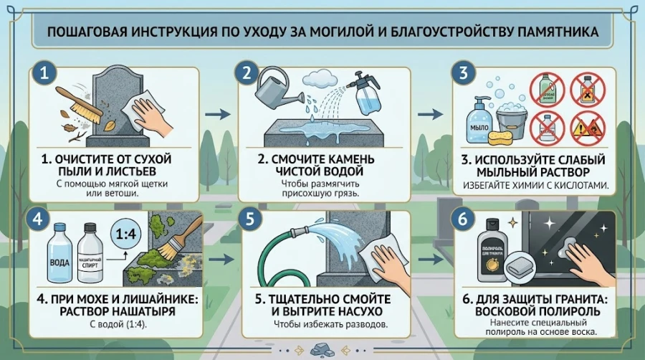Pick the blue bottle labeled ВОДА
click(x=59, y=255)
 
